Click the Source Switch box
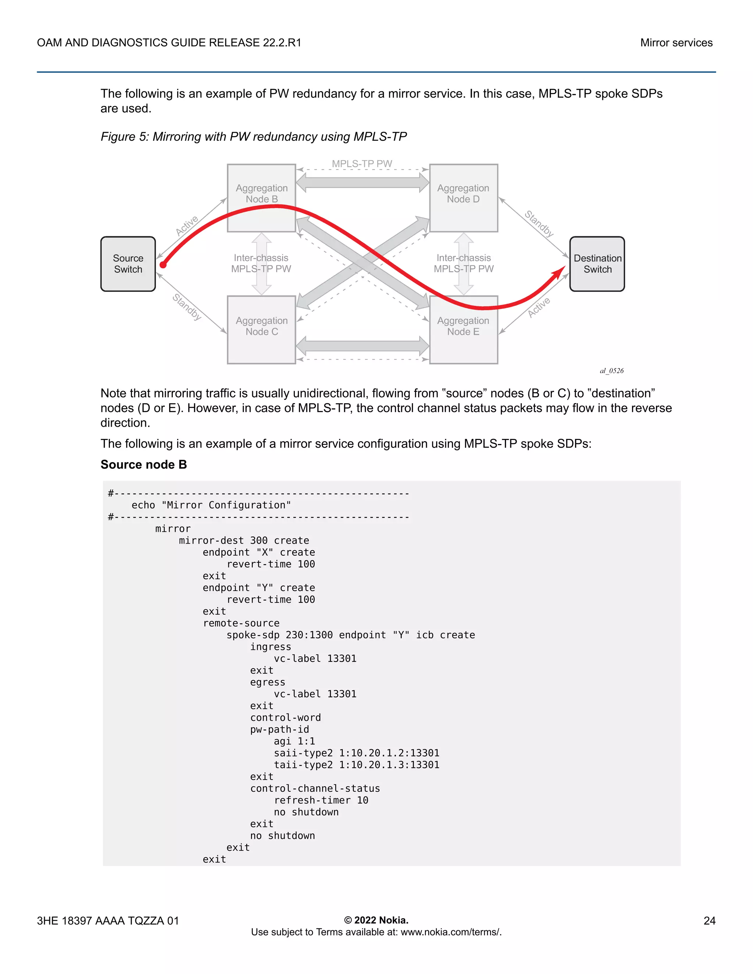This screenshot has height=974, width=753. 128,264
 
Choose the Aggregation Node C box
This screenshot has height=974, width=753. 261,330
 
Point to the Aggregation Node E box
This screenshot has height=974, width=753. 464,330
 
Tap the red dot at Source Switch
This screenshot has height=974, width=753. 163,265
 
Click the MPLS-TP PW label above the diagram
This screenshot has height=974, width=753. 362,164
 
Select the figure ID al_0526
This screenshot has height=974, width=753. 611,370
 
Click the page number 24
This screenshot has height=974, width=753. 709,920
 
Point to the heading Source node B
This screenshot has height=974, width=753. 144,465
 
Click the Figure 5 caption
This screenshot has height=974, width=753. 253,136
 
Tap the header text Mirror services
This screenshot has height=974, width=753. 676,43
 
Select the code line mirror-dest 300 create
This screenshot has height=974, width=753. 244,541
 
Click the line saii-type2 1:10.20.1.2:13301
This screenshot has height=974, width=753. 356,753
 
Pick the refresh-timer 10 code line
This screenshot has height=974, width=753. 321,801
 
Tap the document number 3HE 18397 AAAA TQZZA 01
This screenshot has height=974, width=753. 108,920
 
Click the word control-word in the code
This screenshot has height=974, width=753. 285,717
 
